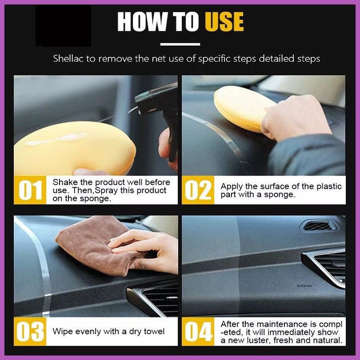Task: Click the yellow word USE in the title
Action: pyautogui.click(x=224, y=22)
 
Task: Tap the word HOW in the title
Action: pyautogui.click(x=142, y=22)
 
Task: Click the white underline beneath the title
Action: pyautogui.click(x=180, y=44)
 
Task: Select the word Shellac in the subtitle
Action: pyautogui.click(x=68, y=59)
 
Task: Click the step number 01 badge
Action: pyautogui.click(x=30, y=190)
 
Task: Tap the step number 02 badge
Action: pyautogui.click(x=198, y=190)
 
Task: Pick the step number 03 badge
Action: pyautogui.click(x=30, y=331)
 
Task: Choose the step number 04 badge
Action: pyautogui.click(x=198, y=331)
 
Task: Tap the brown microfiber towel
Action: pyautogui.click(x=96, y=246)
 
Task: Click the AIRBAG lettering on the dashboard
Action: pyautogui.click(x=304, y=286)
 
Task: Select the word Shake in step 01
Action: pyautogui.click(x=65, y=182)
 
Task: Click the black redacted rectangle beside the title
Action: pyautogui.click(x=64, y=25)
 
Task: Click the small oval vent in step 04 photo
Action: pyautogui.click(x=318, y=226)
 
